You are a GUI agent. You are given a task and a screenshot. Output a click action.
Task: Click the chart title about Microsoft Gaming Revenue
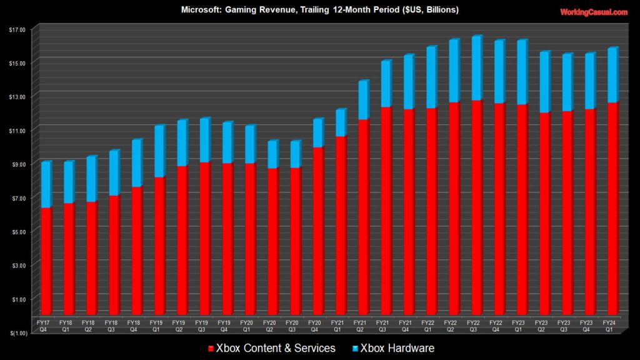(x=320, y=10)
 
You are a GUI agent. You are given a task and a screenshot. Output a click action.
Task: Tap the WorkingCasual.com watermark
(x=594, y=12)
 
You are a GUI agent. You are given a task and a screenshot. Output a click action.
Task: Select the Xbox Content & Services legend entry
(x=275, y=348)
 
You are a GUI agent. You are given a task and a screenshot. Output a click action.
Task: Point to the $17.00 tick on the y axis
(x=17, y=29)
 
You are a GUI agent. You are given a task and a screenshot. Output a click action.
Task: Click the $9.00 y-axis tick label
(x=17, y=164)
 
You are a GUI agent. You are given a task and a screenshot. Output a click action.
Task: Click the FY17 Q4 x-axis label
(x=44, y=326)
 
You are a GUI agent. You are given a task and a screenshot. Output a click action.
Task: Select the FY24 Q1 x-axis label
(x=612, y=326)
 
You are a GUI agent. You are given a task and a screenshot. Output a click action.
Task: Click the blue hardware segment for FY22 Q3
(x=476, y=68)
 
